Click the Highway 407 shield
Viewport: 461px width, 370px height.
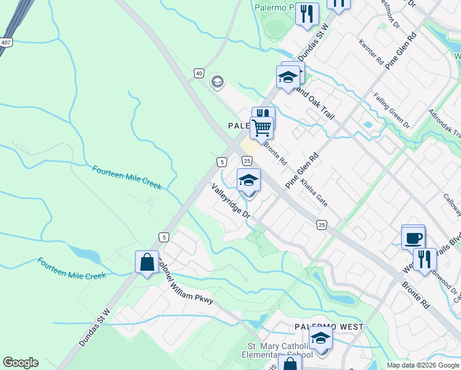[x=6, y=43]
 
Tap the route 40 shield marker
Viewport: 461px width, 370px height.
[x=198, y=73]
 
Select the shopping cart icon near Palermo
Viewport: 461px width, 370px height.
[x=261, y=128]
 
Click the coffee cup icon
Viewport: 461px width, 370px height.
[x=413, y=237]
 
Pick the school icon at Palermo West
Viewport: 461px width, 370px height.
[x=320, y=337]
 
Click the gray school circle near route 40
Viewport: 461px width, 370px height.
[x=216, y=81]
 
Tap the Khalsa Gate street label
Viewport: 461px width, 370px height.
[x=314, y=192]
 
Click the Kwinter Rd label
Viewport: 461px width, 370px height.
[x=372, y=52]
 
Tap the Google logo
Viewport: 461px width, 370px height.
[x=20, y=363]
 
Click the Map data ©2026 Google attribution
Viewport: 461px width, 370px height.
[x=422, y=365]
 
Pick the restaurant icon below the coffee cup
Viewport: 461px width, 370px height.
[x=423, y=258]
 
